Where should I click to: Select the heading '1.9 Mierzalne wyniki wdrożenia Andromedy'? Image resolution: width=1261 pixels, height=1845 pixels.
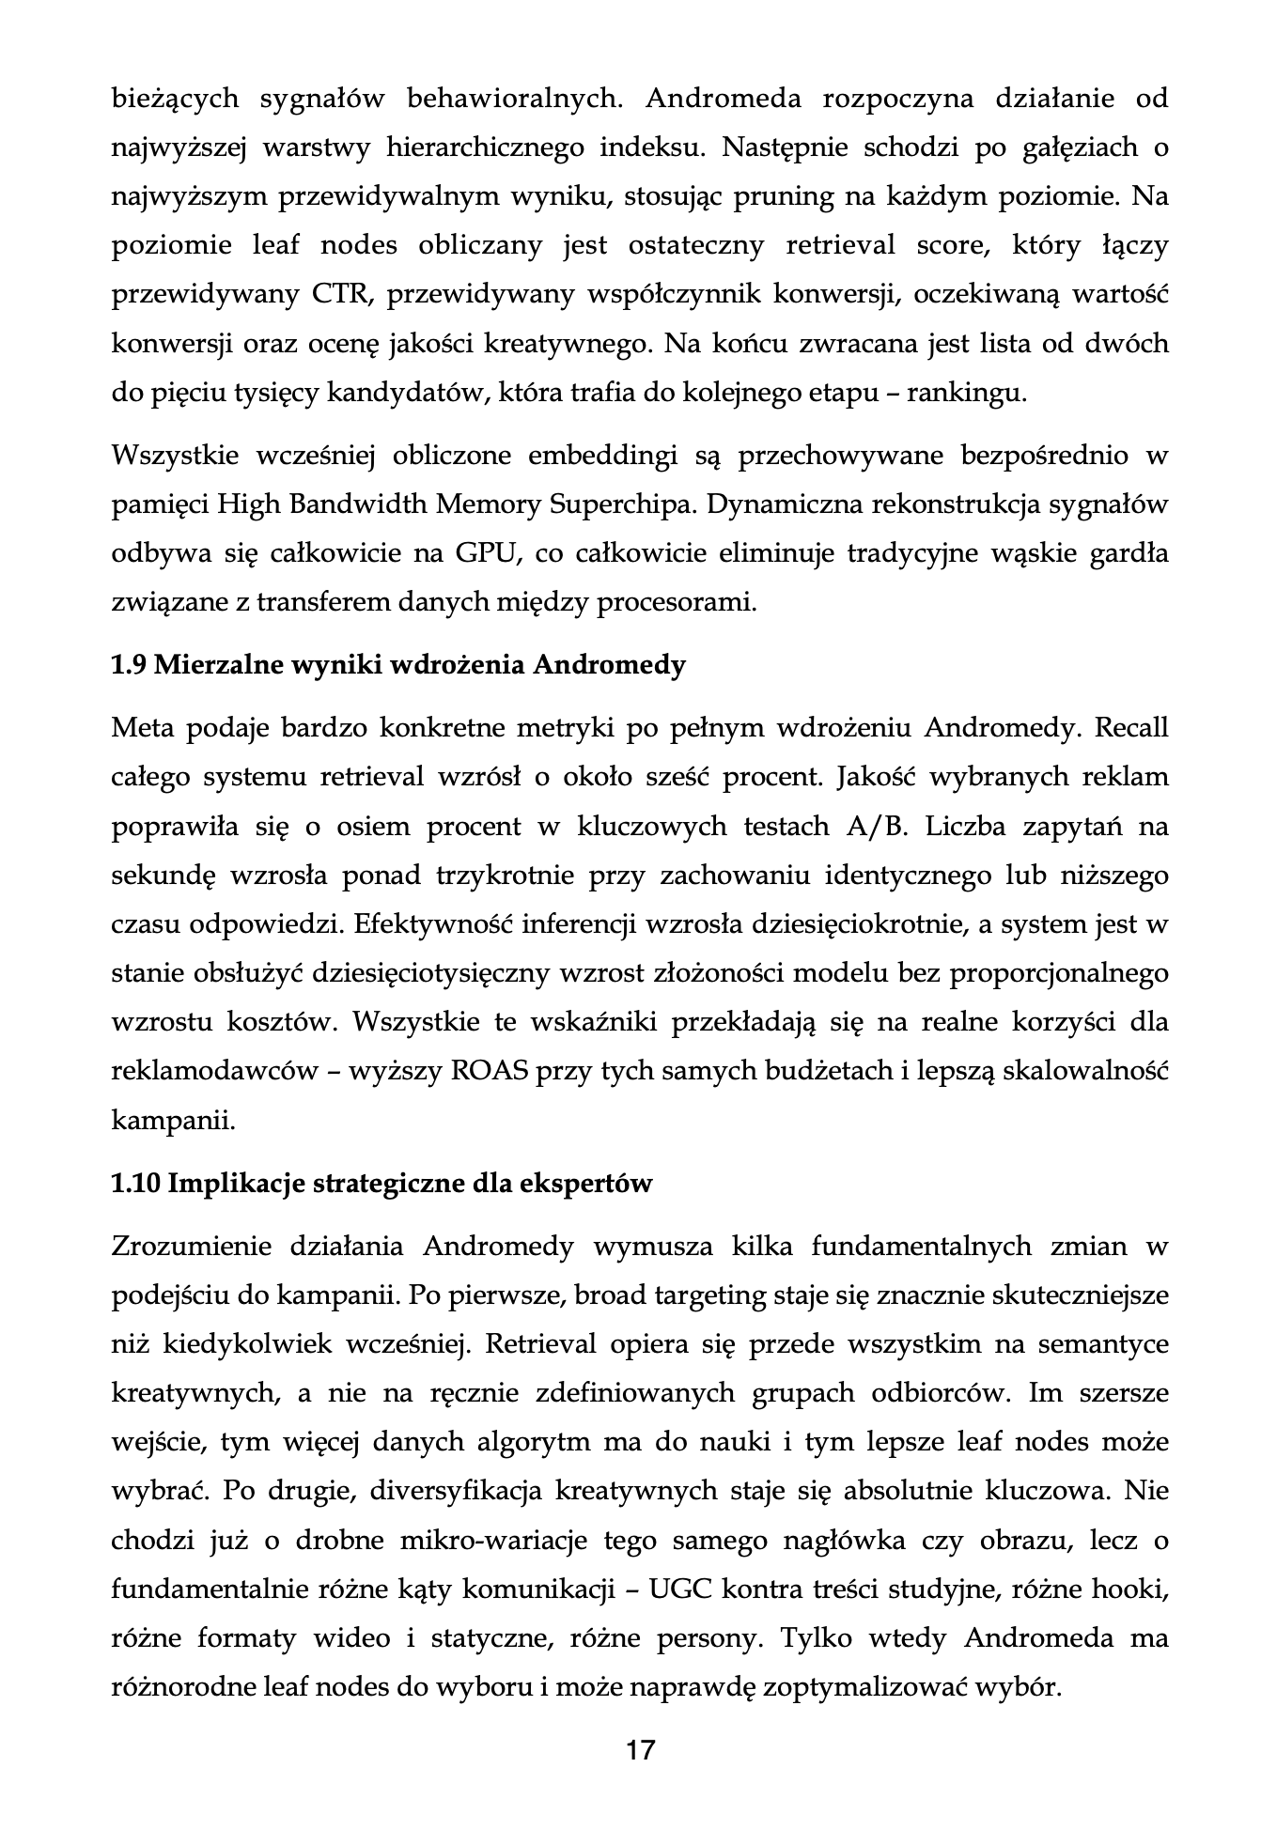(398, 665)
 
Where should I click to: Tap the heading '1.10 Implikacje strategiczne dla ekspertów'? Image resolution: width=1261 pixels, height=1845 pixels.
(381, 1183)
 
